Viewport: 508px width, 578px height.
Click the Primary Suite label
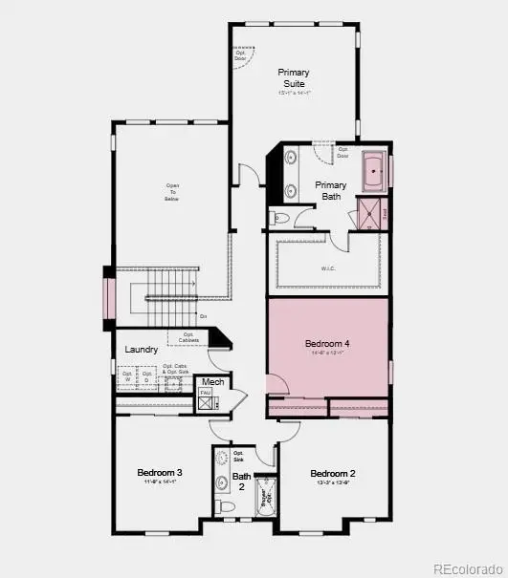click(x=294, y=77)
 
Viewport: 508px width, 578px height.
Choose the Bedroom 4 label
click(x=327, y=343)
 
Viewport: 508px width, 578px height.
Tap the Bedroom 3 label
click(x=160, y=473)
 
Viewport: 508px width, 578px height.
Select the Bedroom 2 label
click(x=332, y=473)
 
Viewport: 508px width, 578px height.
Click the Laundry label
click(x=142, y=350)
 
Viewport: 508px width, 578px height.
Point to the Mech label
click(x=212, y=383)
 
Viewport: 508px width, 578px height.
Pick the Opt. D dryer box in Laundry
click(x=144, y=379)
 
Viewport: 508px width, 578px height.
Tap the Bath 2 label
click(x=243, y=481)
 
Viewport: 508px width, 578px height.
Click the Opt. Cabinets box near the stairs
click(x=188, y=337)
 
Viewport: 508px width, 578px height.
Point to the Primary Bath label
click(x=331, y=190)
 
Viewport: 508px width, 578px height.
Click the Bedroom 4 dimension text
click(x=327, y=353)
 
